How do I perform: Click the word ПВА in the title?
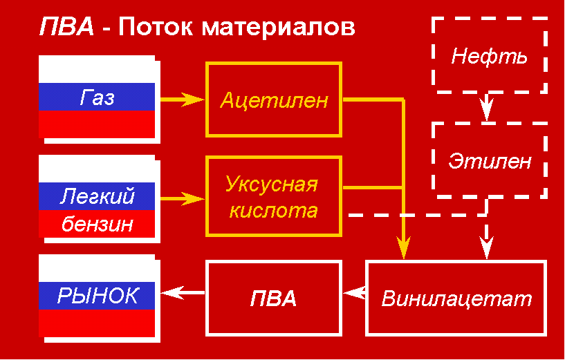click(x=66, y=28)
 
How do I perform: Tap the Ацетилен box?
click(x=274, y=100)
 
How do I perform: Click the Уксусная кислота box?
click(x=274, y=196)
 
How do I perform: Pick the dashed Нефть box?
click(x=489, y=55)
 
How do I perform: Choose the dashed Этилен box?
click(x=489, y=161)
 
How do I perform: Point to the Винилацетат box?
click(x=456, y=299)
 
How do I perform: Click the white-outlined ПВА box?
click(x=274, y=299)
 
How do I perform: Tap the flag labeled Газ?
click(x=97, y=98)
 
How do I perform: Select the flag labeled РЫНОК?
click(x=97, y=296)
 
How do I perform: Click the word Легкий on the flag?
click(x=97, y=197)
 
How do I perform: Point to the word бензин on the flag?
click(x=97, y=224)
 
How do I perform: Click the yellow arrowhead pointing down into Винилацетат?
click(x=402, y=247)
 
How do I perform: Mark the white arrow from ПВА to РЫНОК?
click(x=183, y=293)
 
